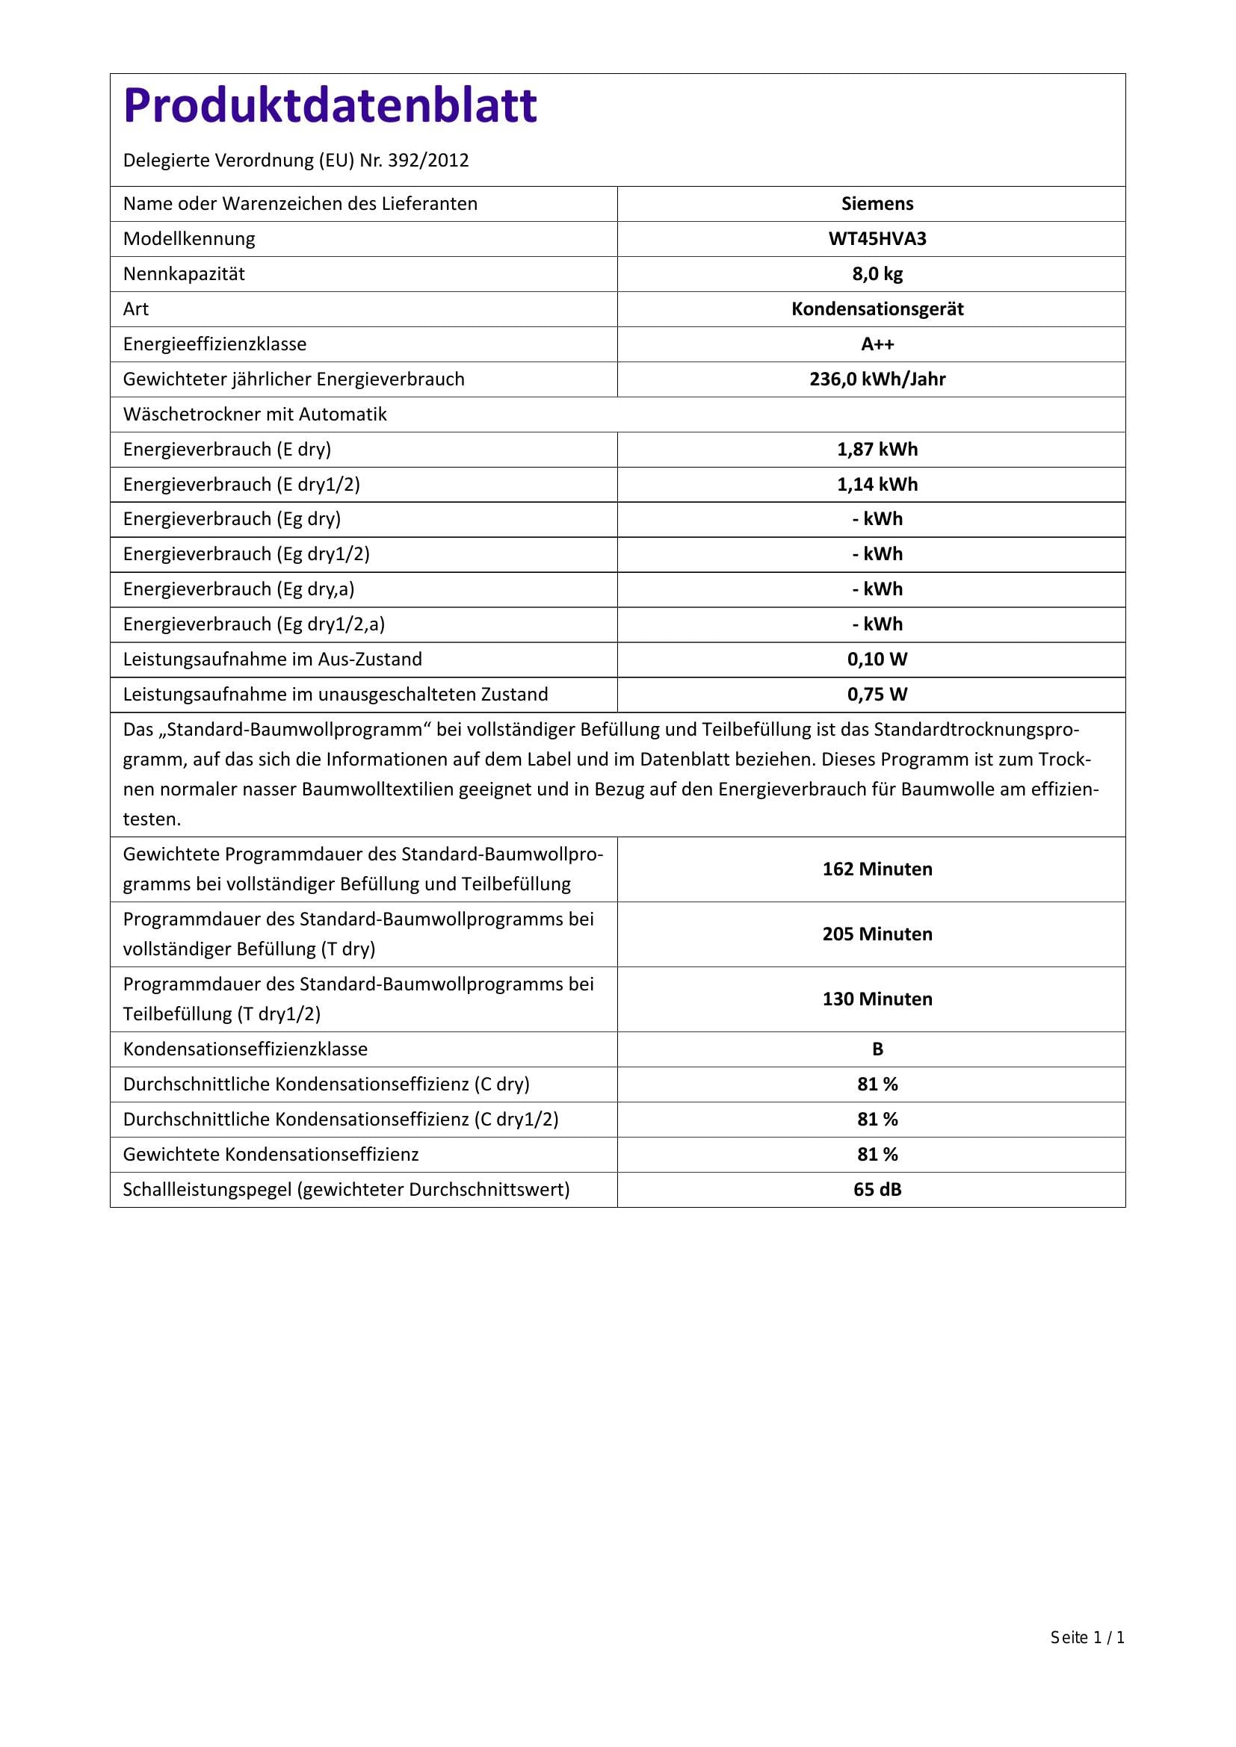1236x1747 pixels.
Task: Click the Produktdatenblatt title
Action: pos(330,105)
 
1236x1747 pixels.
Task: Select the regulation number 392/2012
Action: pos(427,161)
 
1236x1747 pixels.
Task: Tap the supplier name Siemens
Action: pos(877,204)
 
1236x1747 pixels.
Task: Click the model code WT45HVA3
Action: pos(877,239)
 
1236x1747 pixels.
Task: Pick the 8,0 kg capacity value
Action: pos(877,274)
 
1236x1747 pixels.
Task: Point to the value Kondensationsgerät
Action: pos(877,309)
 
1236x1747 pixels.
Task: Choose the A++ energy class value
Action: pos(877,344)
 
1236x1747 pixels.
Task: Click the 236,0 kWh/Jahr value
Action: pos(877,379)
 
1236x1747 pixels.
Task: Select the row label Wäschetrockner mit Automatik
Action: pos(255,415)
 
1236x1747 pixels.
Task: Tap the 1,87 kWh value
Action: pos(877,450)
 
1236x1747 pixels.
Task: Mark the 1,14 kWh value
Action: pos(877,485)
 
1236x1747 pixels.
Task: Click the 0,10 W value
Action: pos(877,660)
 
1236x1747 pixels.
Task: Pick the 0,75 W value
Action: pos(877,695)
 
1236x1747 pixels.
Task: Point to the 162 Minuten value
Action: pos(877,869)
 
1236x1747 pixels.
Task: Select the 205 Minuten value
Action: pos(877,934)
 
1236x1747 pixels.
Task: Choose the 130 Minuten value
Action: pos(877,999)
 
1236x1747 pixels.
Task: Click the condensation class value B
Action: pos(877,1049)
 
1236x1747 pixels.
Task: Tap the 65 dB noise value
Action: pos(877,1189)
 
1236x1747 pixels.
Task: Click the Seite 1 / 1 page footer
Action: pos(1087,1637)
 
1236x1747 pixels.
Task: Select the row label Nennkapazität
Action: pos(184,274)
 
